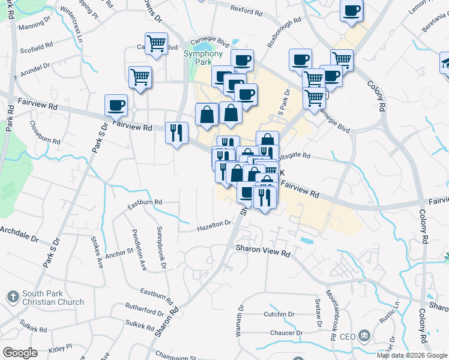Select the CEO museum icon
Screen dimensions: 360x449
point(364,335)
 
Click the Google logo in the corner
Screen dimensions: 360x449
point(20,353)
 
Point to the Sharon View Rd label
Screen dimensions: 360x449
point(263,251)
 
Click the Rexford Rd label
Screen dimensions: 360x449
point(246,10)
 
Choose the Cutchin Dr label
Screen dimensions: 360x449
point(279,314)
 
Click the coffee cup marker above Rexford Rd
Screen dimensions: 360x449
point(351,10)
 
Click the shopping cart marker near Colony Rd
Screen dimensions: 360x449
point(341,60)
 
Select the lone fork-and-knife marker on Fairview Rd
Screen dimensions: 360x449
point(176,132)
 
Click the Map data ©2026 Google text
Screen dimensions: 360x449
point(412,355)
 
